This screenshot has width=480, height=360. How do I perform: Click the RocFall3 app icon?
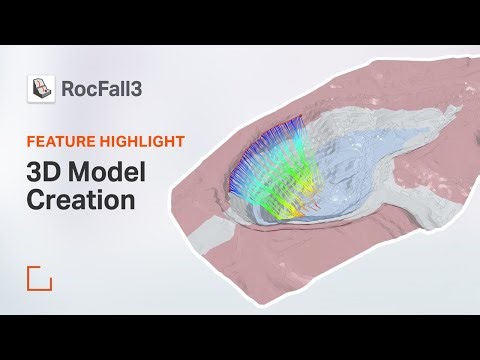41,89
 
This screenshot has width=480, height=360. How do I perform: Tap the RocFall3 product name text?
101,89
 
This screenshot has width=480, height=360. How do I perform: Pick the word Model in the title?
107,171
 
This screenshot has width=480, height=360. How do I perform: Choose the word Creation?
80,199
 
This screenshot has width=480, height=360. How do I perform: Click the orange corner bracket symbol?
39,278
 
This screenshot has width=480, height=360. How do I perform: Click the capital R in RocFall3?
68,89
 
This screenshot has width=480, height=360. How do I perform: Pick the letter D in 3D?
51,171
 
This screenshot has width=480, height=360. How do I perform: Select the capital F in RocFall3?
103,89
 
